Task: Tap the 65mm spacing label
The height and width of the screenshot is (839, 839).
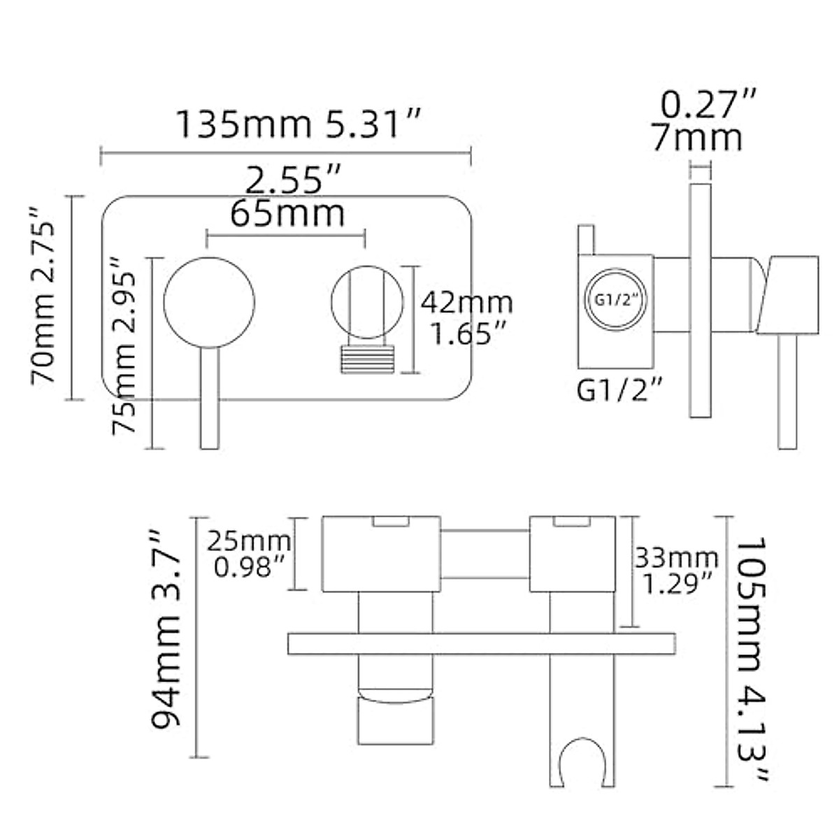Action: tap(287, 213)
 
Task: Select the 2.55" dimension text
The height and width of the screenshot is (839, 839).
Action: tap(293, 181)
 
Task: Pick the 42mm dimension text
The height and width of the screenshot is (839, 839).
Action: tap(466, 303)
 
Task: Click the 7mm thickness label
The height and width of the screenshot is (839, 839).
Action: tap(696, 137)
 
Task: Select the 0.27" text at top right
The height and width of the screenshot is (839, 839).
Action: tap(709, 105)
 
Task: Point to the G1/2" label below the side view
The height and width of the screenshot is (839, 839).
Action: tap(619, 390)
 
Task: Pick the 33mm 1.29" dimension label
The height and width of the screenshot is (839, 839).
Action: tap(675, 570)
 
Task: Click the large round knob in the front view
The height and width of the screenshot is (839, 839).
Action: tap(209, 302)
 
